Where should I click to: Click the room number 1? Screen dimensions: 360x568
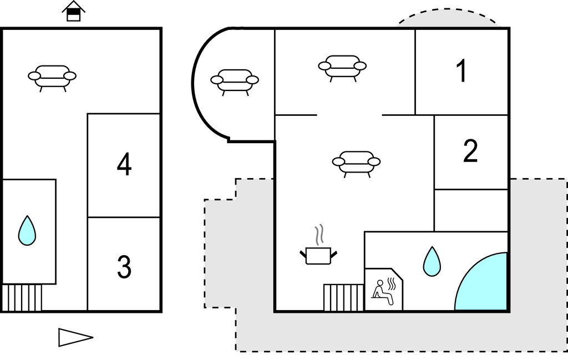click(x=461, y=72)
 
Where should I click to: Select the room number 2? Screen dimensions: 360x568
click(x=470, y=151)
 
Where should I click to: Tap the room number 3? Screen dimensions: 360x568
click(x=124, y=267)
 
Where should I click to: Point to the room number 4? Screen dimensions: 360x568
click(x=124, y=165)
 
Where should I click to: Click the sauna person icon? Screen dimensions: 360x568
click(x=384, y=291)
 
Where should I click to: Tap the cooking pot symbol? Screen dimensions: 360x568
click(x=318, y=255)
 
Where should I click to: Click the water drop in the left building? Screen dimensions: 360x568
click(x=27, y=231)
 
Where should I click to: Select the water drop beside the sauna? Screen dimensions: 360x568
click(x=432, y=261)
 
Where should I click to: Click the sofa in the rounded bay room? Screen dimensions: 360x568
click(x=235, y=81)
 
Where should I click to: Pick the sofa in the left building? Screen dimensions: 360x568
click(x=52, y=77)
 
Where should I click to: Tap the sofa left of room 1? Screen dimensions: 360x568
click(x=342, y=67)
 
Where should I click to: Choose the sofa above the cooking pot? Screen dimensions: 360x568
click(x=356, y=163)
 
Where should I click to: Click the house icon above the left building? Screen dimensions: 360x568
click(x=73, y=11)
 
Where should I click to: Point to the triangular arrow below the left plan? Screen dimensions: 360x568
click(x=74, y=337)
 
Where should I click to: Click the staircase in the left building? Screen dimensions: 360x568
click(x=22, y=297)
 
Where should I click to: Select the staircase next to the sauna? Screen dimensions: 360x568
click(x=343, y=298)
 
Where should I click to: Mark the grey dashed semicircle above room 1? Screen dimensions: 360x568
click(x=448, y=18)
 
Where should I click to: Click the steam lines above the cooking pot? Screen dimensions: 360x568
click(x=318, y=235)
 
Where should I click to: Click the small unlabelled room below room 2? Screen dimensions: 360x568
click(x=470, y=210)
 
